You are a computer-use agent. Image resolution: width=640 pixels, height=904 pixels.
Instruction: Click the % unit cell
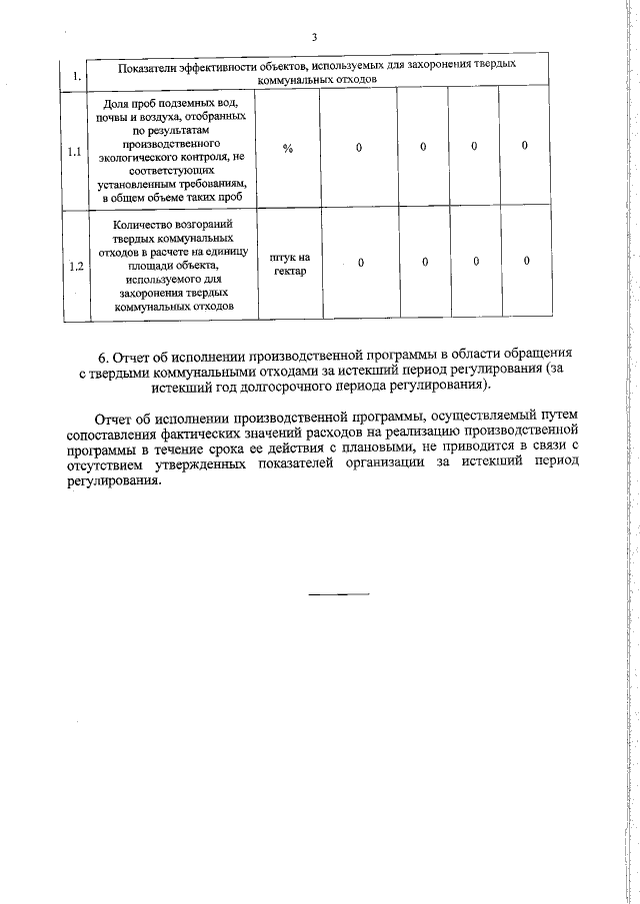[x=287, y=148]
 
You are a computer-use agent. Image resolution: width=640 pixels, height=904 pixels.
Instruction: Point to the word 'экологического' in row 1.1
[x=140, y=157]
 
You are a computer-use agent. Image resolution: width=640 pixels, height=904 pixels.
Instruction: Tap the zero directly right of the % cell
[x=359, y=148]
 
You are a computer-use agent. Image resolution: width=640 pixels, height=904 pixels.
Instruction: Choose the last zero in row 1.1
[x=525, y=147]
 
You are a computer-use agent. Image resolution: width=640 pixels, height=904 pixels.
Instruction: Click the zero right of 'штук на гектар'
[x=360, y=263]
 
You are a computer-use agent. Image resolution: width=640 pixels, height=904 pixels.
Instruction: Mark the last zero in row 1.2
[x=526, y=262]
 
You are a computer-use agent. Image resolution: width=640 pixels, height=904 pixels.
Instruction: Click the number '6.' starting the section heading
[x=104, y=355]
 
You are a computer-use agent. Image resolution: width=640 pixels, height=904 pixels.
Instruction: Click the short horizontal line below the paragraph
[x=338, y=595]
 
